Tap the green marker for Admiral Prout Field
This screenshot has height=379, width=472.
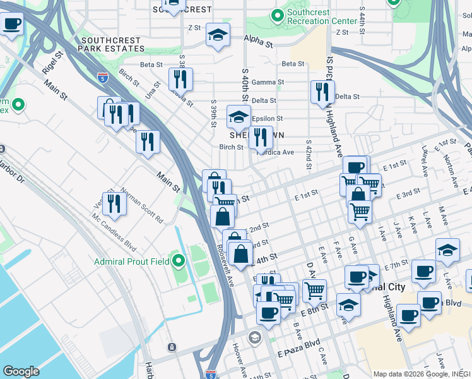(179, 260)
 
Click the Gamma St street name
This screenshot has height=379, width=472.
(268, 82)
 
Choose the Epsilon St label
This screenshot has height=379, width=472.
(267, 118)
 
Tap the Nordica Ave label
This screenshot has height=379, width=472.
(275, 152)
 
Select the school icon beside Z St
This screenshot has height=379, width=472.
(218, 34)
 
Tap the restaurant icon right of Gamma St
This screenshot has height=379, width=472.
(322, 92)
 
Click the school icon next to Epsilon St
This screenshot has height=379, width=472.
(239, 117)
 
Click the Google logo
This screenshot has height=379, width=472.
(21, 371)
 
